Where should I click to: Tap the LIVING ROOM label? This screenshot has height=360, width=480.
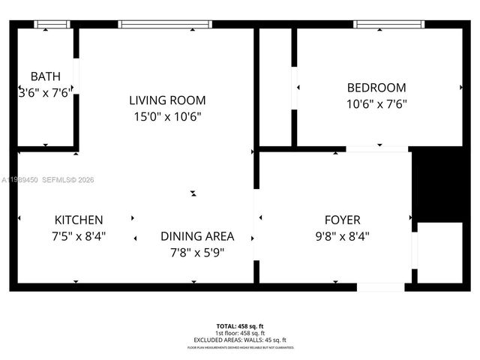(162, 100)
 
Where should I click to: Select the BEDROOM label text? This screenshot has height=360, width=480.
(376, 88)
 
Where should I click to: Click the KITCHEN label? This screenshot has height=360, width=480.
(79, 220)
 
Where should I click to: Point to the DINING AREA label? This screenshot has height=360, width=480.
(197, 235)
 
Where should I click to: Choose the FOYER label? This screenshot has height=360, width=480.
(342, 220)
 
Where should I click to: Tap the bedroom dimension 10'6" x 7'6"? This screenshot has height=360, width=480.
(376, 104)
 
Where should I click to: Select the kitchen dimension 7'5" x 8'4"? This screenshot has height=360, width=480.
(79, 236)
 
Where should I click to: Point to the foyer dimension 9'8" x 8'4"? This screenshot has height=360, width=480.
(341, 236)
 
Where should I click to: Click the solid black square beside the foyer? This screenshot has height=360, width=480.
(438, 184)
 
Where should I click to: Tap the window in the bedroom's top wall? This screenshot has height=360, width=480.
(383, 25)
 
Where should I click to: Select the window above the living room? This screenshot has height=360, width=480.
(165, 25)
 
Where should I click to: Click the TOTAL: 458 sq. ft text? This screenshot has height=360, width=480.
(240, 326)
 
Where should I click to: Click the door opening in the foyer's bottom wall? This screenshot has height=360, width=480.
(381, 287)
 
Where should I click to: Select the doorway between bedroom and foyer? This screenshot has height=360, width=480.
(378, 149)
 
